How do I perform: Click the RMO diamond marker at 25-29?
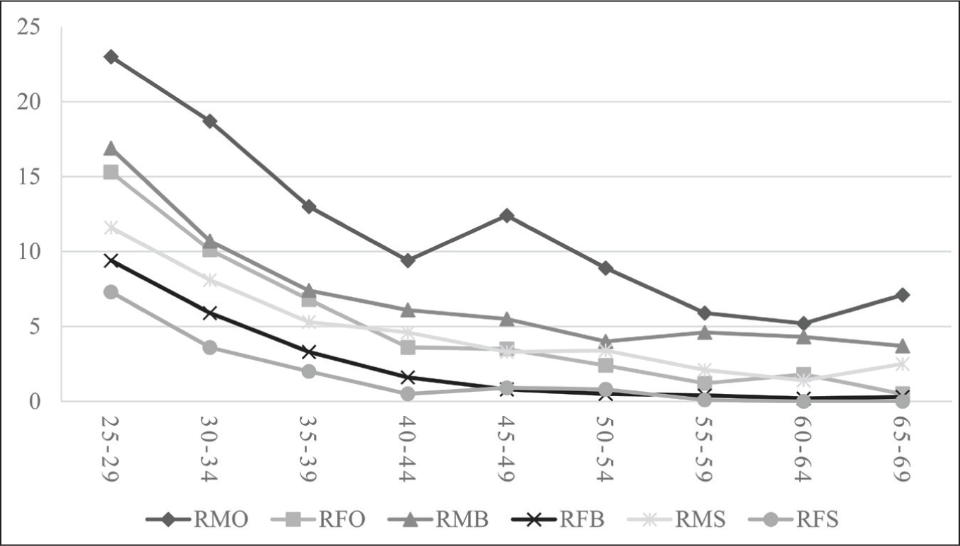coord(111,57)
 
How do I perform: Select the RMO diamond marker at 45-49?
coord(507,215)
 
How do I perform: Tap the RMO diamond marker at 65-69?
coord(902,295)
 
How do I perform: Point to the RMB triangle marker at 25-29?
coord(111,149)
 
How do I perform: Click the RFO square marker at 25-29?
coord(111,173)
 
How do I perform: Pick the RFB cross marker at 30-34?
coord(210,313)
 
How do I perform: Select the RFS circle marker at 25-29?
coord(111,293)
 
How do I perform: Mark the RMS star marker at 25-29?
coord(111,228)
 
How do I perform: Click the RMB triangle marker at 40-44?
coord(408,310)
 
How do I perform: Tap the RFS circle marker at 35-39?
coord(309,371)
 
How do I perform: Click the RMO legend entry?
coord(197,519)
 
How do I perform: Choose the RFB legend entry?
coord(558,519)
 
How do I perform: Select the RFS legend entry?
coord(793,519)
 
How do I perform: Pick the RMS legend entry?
coord(677,519)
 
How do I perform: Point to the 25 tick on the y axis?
coord(29,27)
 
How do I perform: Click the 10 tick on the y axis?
coord(29,252)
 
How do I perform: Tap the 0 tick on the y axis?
coord(35,402)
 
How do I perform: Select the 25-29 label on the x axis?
coord(110,449)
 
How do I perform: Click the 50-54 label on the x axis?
coord(604,449)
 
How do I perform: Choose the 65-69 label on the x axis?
coord(901,449)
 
